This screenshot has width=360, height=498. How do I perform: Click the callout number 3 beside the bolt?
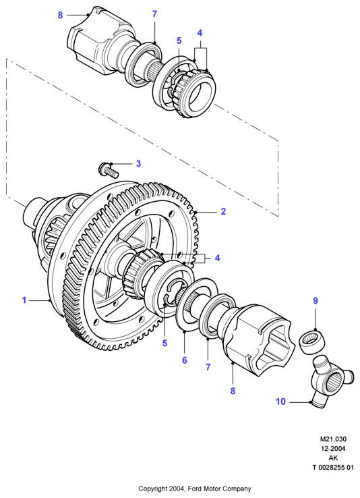[138, 163]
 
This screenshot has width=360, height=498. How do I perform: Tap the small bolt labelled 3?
[109, 170]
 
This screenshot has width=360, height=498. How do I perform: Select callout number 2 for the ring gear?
[223, 211]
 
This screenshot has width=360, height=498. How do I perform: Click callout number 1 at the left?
[24, 300]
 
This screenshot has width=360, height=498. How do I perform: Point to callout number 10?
[280, 402]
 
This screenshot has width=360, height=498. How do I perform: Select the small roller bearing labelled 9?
[311, 342]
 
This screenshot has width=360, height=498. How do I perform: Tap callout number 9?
[316, 300]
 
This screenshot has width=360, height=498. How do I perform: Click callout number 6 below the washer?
[184, 360]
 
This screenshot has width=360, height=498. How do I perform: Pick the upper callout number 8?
[60, 15]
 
